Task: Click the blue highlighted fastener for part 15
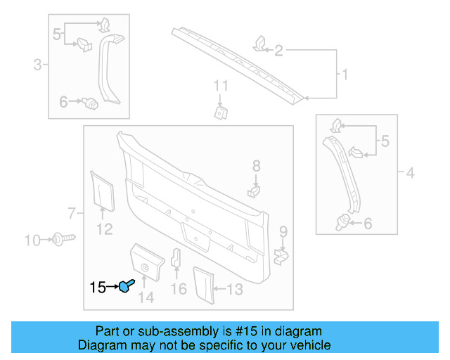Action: [127, 286]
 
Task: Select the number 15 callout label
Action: [98, 287]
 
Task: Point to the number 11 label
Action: [221, 86]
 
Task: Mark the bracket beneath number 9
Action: [281, 256]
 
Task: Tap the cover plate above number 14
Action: [146, 262]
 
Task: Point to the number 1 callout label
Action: [345, 74]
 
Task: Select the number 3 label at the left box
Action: [37, 66]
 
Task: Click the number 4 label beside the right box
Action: [410, 172]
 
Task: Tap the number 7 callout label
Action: [71, 212]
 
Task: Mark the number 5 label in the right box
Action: [385, 142]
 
